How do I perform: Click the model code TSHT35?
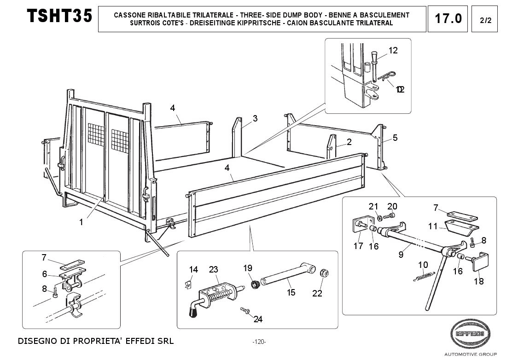(x=59, y=16)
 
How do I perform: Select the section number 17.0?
(x=448, y=19)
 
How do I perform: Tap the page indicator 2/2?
(x=485, y=20)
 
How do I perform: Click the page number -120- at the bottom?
(x=259, y=342)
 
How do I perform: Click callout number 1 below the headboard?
(x=81, y=222)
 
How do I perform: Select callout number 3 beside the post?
(x=255, y=118)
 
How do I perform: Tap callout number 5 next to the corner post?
(x=395, y=137)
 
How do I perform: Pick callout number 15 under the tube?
(x=291, y=292)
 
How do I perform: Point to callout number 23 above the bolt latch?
(x=213, y=270)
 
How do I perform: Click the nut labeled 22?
(x=324, y=273)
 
